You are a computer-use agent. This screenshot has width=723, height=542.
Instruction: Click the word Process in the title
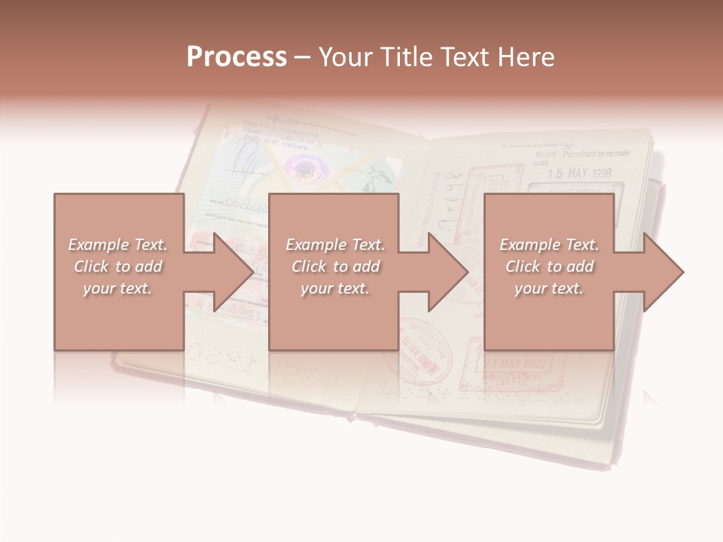(x=236, y=57)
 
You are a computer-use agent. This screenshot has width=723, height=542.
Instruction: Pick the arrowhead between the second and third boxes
(x=447, y=272)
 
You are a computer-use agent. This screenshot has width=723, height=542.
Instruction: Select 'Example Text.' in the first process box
(x=117, y=245)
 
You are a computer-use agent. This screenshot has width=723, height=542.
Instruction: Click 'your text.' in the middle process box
(x=334, y=288)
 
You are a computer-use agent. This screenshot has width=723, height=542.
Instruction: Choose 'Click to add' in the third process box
(x=549, y=266)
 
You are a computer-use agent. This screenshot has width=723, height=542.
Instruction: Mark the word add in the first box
(x=149, y=266)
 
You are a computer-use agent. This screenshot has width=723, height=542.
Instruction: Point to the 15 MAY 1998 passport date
(x=580, y=173)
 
